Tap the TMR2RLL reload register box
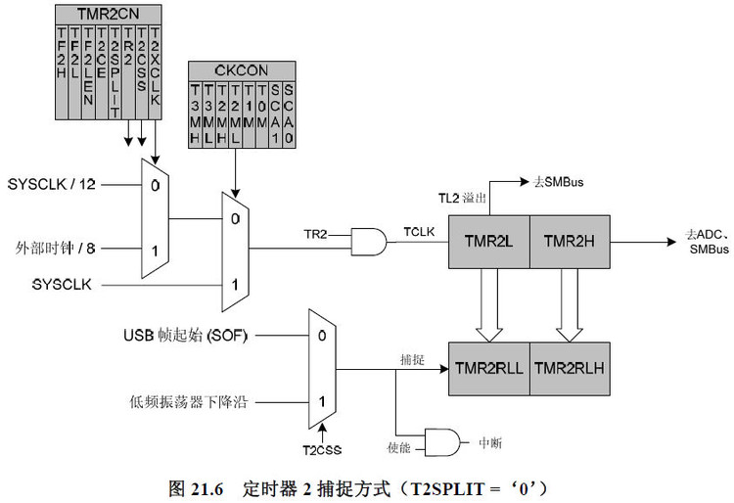488,368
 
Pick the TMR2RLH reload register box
570,368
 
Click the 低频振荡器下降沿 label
185,400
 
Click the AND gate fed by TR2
369,243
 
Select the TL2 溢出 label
460,199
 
